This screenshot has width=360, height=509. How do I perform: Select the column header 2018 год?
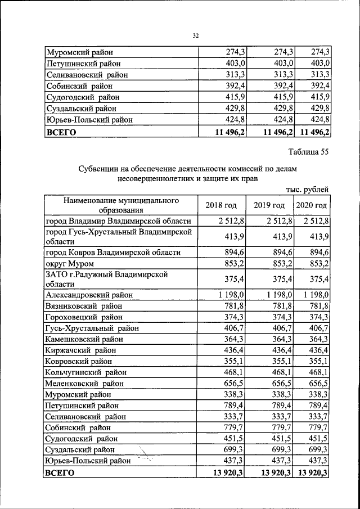pos(221,205)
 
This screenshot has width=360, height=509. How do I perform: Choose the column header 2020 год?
pos(312,205)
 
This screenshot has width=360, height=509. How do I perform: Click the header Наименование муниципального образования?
pos(121,205)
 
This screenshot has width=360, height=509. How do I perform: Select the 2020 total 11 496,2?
pos(314,133)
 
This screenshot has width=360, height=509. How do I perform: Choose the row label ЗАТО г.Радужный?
pos(107,278)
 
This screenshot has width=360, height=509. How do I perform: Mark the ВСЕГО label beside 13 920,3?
pos(60,474)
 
